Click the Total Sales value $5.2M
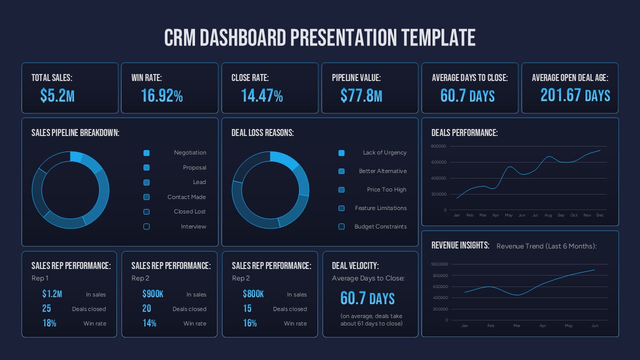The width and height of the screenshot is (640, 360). tap(57, 95)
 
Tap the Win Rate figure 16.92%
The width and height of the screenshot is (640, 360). tap(161, 95)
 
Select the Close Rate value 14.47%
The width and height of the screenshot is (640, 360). tap(261, 95)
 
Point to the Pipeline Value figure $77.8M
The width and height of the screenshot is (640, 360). tap(361, 95)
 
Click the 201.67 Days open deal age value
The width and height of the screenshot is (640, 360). tap(575, 95)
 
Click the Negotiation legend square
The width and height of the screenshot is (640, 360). tap(146, 153)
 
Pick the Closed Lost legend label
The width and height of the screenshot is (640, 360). tap(190, 211)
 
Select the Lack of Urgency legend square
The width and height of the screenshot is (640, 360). tap(341, 153)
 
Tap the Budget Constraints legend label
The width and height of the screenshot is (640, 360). tap(380, 226)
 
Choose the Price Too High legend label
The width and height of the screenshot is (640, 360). tap(386, 189)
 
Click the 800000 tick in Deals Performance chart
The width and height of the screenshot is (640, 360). tap(438, 146)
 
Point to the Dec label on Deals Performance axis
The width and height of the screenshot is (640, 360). tap(600, 215)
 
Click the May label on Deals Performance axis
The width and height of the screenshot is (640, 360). tap(508, 215)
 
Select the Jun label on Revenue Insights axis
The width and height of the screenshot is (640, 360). tap(594, 325)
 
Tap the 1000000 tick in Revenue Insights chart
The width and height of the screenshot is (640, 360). tap(439, 264)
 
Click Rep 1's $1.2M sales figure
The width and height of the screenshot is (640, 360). tap(52, 294)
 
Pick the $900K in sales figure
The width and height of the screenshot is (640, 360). tap(152, 294)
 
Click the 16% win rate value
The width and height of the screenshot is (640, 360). tap(249, 323)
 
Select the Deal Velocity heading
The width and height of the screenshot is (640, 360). tap(355, 266)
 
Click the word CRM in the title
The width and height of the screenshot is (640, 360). tap(180, 38)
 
